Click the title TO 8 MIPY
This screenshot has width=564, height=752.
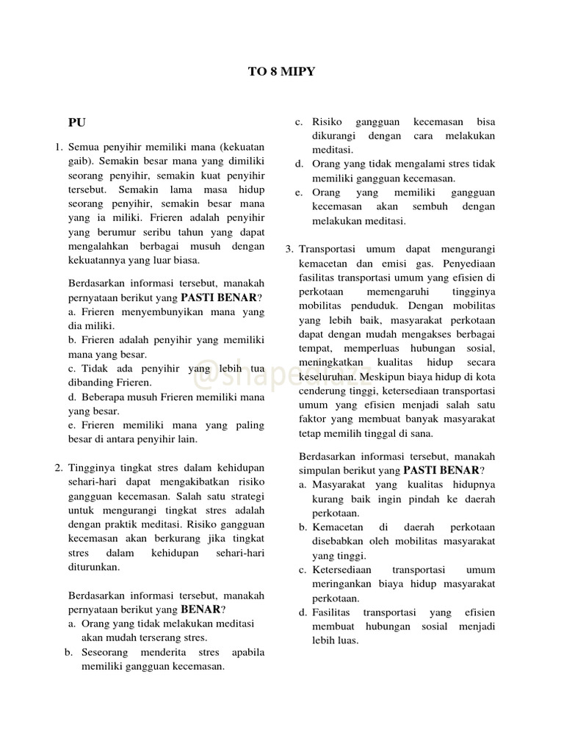pos(281,72)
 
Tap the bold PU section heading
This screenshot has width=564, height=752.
pos(77,123)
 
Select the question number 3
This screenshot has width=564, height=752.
pos(289,249)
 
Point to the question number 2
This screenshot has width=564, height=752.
pos(59,468)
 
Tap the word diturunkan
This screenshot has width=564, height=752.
pos(93,566)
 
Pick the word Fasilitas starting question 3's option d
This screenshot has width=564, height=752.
pos(333,612)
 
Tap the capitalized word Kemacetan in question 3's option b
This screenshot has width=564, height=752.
pos(339,527)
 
